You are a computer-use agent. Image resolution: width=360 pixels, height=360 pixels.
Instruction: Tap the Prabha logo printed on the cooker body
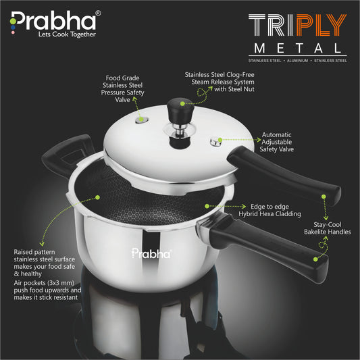[151, 253]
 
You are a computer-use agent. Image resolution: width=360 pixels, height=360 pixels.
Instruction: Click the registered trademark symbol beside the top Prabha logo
[98, 13]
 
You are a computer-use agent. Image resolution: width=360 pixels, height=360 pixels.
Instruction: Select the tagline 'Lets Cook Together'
[67, 34]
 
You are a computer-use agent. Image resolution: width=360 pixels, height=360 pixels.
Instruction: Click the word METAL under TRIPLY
[297, 48]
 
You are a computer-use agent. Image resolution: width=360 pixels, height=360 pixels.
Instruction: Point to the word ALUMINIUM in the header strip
[297, 61]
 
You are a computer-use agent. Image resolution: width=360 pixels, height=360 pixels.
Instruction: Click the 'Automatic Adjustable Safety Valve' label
[277, 142]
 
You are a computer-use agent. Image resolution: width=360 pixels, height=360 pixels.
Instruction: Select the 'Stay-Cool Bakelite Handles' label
[328, 228]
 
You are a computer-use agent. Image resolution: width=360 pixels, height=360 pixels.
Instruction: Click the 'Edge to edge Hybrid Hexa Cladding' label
[269, 210]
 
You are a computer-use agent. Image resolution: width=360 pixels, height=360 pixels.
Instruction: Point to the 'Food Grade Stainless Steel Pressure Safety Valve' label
[123, 88]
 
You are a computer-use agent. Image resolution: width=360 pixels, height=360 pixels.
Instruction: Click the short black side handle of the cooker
[68, 153]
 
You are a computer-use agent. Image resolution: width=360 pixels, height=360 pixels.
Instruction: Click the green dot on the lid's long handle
[324, 197]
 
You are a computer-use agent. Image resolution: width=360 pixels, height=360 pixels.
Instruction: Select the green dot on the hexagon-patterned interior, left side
[97, 197]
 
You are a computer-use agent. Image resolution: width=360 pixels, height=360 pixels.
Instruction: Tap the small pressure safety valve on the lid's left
[141, 120]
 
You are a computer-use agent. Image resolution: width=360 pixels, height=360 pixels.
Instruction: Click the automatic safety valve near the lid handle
[216, 142]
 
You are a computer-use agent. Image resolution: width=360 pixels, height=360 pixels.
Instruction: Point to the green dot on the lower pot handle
[315, 259]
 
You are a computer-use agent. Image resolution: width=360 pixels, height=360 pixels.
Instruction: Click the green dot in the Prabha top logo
[13, 21]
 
